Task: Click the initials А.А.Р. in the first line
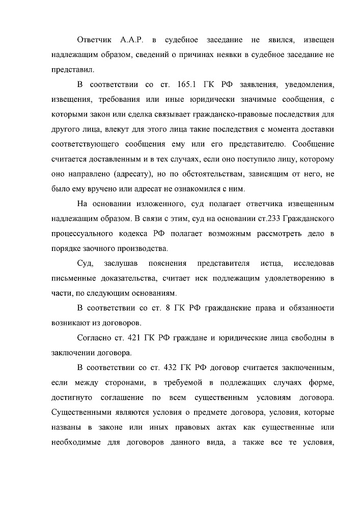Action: (x=132, y=40)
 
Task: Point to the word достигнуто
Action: (x=72, y=397)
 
